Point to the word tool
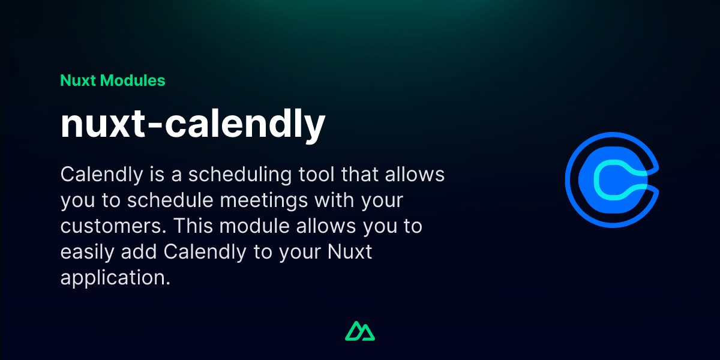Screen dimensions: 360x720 click(x=320, y=175)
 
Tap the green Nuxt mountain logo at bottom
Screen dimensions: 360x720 click(x=360, y=331)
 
